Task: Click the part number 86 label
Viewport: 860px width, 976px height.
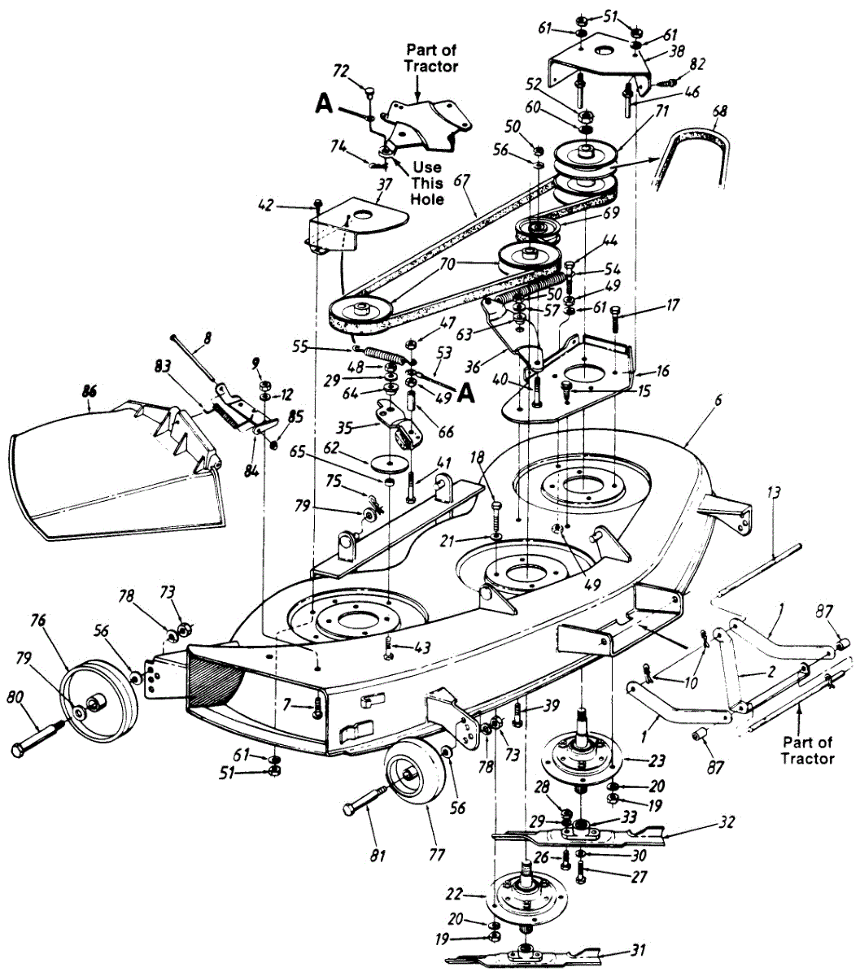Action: click(89, 391)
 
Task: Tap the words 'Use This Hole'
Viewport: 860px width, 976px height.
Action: click(427, 183)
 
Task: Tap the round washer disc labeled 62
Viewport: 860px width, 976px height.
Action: click(391, 461)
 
